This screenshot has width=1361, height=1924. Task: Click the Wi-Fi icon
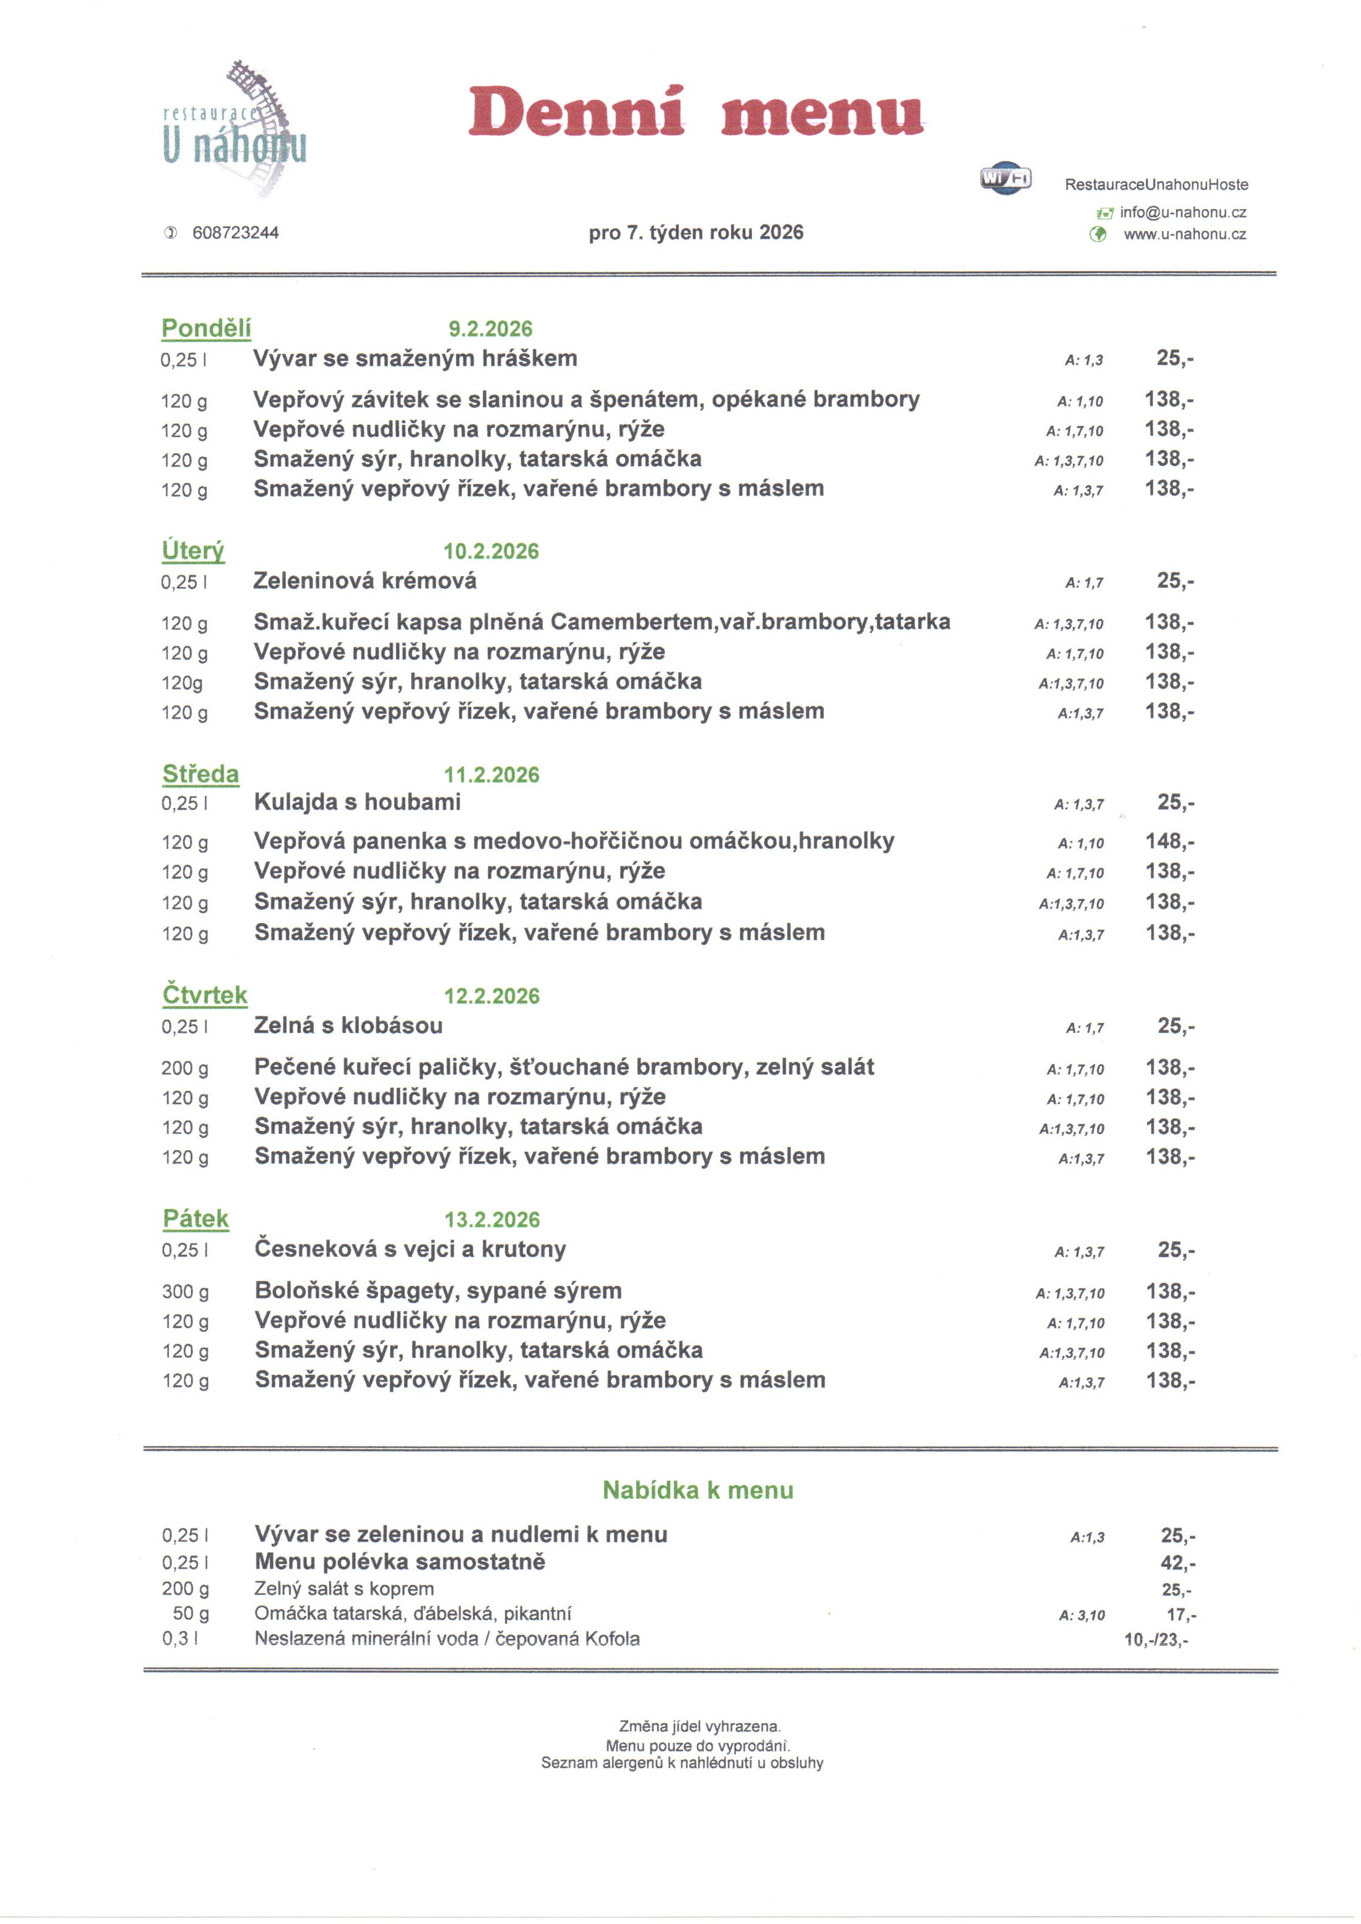tap(1006, 177)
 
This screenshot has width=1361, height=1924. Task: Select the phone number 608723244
tap(235, 233)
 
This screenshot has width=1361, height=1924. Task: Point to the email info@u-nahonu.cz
tap(1182, 213)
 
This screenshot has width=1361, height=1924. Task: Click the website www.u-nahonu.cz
tap(1184, 235)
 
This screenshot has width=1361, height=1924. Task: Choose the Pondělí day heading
tap(206, 329)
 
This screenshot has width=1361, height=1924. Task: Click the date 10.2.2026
tap(491, 551)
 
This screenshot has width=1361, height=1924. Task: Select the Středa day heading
tap(200, 774)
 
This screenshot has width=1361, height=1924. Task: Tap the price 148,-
tap(1170, 841)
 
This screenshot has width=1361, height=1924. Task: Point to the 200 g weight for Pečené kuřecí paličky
tap(185, 1069)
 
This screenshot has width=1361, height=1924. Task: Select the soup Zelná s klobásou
tap(348, 1025)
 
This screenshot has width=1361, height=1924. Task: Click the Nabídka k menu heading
tap(697, 1491)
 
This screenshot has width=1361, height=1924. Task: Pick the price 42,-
tap(1177, 1563)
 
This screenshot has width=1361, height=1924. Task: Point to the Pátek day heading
tap(195, 1219)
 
